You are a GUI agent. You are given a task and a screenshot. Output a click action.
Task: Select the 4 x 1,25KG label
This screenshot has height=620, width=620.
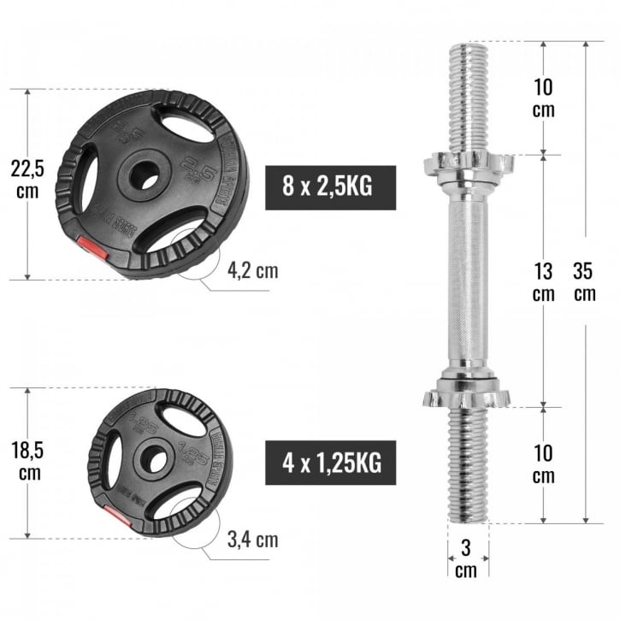330,464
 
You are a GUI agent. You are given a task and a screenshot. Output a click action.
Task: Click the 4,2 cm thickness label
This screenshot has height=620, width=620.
252,271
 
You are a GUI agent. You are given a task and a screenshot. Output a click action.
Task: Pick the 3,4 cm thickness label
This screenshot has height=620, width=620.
252,540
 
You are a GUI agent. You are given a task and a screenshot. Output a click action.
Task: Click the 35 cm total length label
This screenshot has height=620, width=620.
585,281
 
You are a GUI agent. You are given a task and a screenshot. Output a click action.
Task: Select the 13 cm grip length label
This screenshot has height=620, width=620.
543,281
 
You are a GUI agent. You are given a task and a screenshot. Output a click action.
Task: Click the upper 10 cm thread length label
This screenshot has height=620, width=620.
543,98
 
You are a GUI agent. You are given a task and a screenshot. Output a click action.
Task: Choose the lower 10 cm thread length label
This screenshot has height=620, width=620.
543,464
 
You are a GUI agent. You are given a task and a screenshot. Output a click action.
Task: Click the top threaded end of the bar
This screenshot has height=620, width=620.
467,94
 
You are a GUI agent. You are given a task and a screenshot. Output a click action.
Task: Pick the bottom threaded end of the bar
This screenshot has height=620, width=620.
467,466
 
